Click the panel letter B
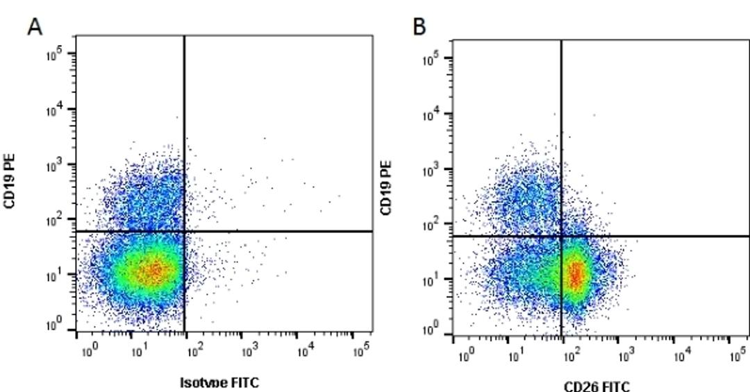coord(419,26)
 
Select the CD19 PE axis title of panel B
coord(387,188)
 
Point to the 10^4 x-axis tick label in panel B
coord(682,356)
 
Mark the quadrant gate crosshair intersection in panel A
coord(184,231)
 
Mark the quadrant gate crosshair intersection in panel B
coord(561,236)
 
